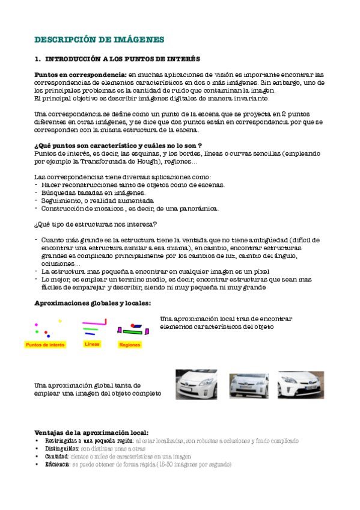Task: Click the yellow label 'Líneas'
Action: pos(93,345)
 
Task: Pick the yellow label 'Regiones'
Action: pos(130,345)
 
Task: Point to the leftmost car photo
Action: pos(196,384)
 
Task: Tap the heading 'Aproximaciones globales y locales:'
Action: pos(93,304)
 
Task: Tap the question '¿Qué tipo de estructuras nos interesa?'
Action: pos(96,224)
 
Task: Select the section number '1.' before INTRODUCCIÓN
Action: pos(37,60)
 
